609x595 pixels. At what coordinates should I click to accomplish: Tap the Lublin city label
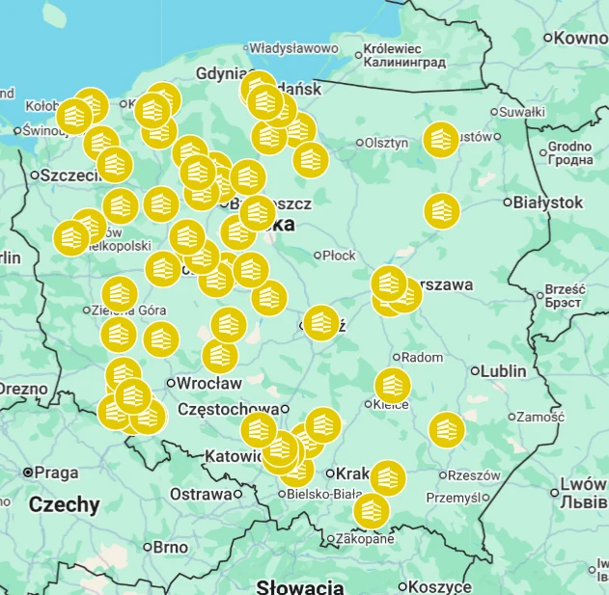pyautogui.click(x=505, y=370)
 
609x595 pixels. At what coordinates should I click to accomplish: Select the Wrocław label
pyautogui.click(x=208, y=383)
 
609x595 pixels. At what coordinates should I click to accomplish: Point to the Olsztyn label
pyautogui.click(x=386, y=143)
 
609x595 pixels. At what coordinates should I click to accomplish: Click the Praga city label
pyautogui.click(x=56, y=473)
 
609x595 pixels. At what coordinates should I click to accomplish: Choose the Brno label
pyautogui.click(x=170, y=547)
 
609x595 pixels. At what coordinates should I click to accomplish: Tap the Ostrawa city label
pyautogui.click(x=201, y=494)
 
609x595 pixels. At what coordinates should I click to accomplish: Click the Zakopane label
pyautogui.click(x=364, y=539)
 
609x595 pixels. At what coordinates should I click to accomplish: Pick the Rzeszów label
pyautogui.click(x=475, y=475)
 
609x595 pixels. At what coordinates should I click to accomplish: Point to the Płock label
pyautogui.click(x=339, y=256)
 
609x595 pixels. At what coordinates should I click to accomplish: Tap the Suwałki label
pyautogui.click(x=523, y=112)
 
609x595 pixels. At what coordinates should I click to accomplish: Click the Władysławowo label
pyautogui.click(x=293, y=47)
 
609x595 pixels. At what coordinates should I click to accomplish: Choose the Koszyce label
pyautogui.click(x=439, y=586)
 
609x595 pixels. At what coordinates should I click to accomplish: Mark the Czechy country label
pyautogui.click(x=64, y=504)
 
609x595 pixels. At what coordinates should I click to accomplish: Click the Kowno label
pyautogui.click(x=581, y=38)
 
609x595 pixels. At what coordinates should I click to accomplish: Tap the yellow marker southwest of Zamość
pyautogui.click(x=447, y=429)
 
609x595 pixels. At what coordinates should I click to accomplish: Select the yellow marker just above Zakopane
pyautogui.click(x=372, y=511)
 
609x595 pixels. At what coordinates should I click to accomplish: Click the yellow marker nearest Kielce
pyautogui.click(x=392, y=386)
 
